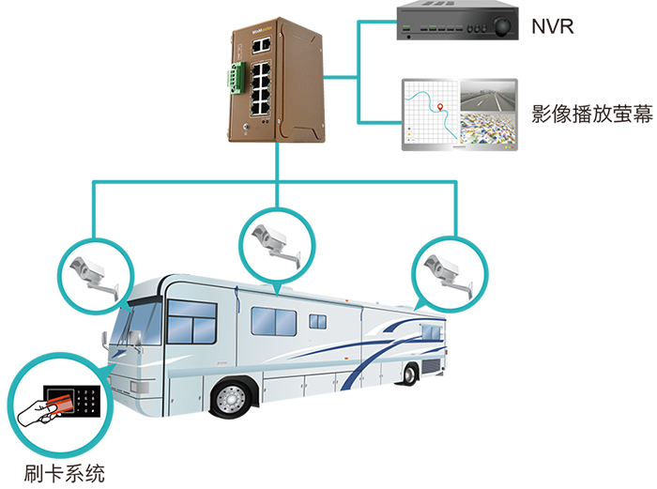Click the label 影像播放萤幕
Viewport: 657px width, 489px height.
point(591,115)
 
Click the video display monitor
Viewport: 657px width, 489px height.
point(458,115)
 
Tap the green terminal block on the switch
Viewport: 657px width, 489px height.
point(232,80)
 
